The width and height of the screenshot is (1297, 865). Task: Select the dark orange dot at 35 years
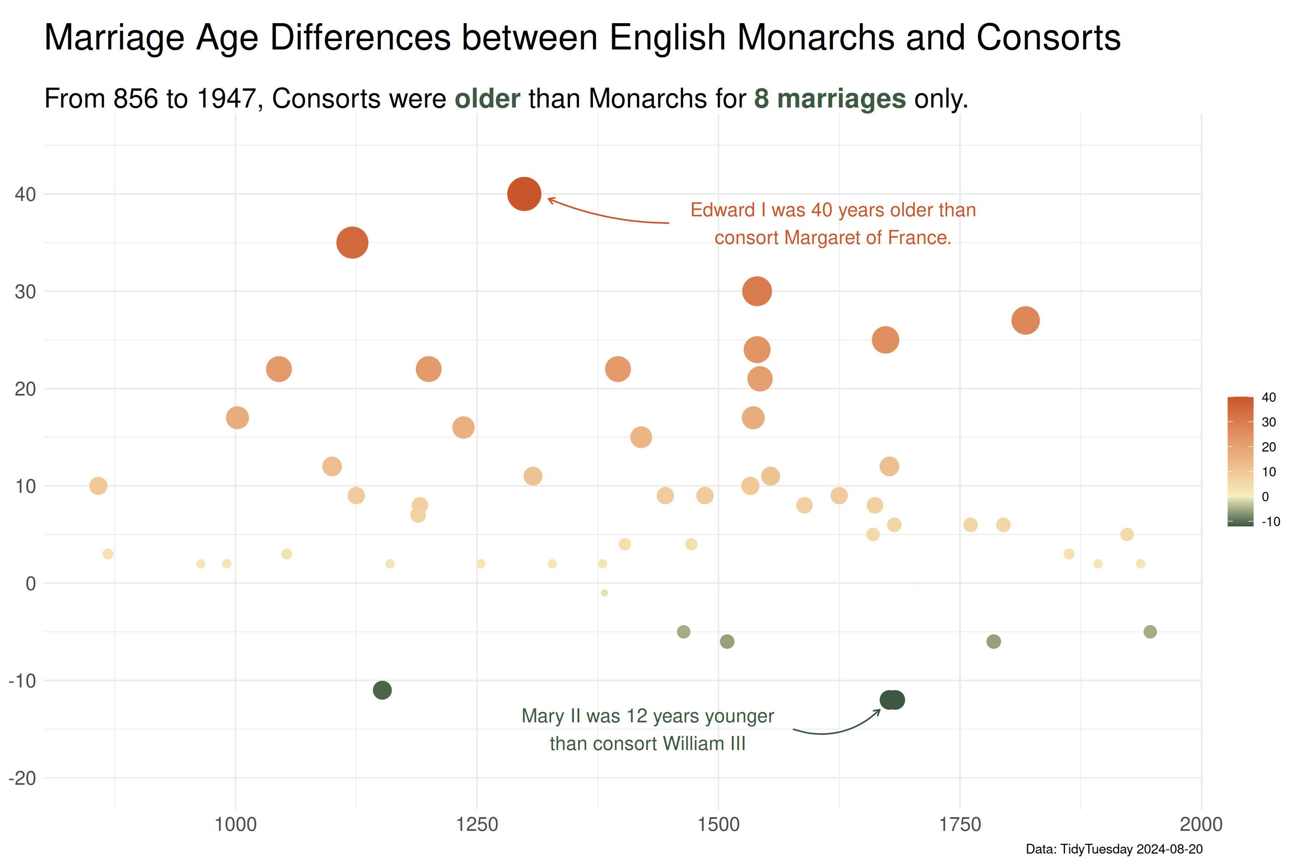pos(352,243)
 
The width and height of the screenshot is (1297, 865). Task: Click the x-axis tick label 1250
pos(477,825)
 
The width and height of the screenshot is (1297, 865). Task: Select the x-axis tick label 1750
pos(960,825)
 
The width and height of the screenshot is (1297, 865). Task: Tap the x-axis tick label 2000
pos(1201,825)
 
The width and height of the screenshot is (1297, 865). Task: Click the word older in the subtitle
pos(487,99)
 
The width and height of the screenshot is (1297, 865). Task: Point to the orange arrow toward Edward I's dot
pos(607,216)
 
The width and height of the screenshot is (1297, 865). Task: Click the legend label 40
pos(1268,397)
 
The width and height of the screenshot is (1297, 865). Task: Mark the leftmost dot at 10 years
pos(98,486)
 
